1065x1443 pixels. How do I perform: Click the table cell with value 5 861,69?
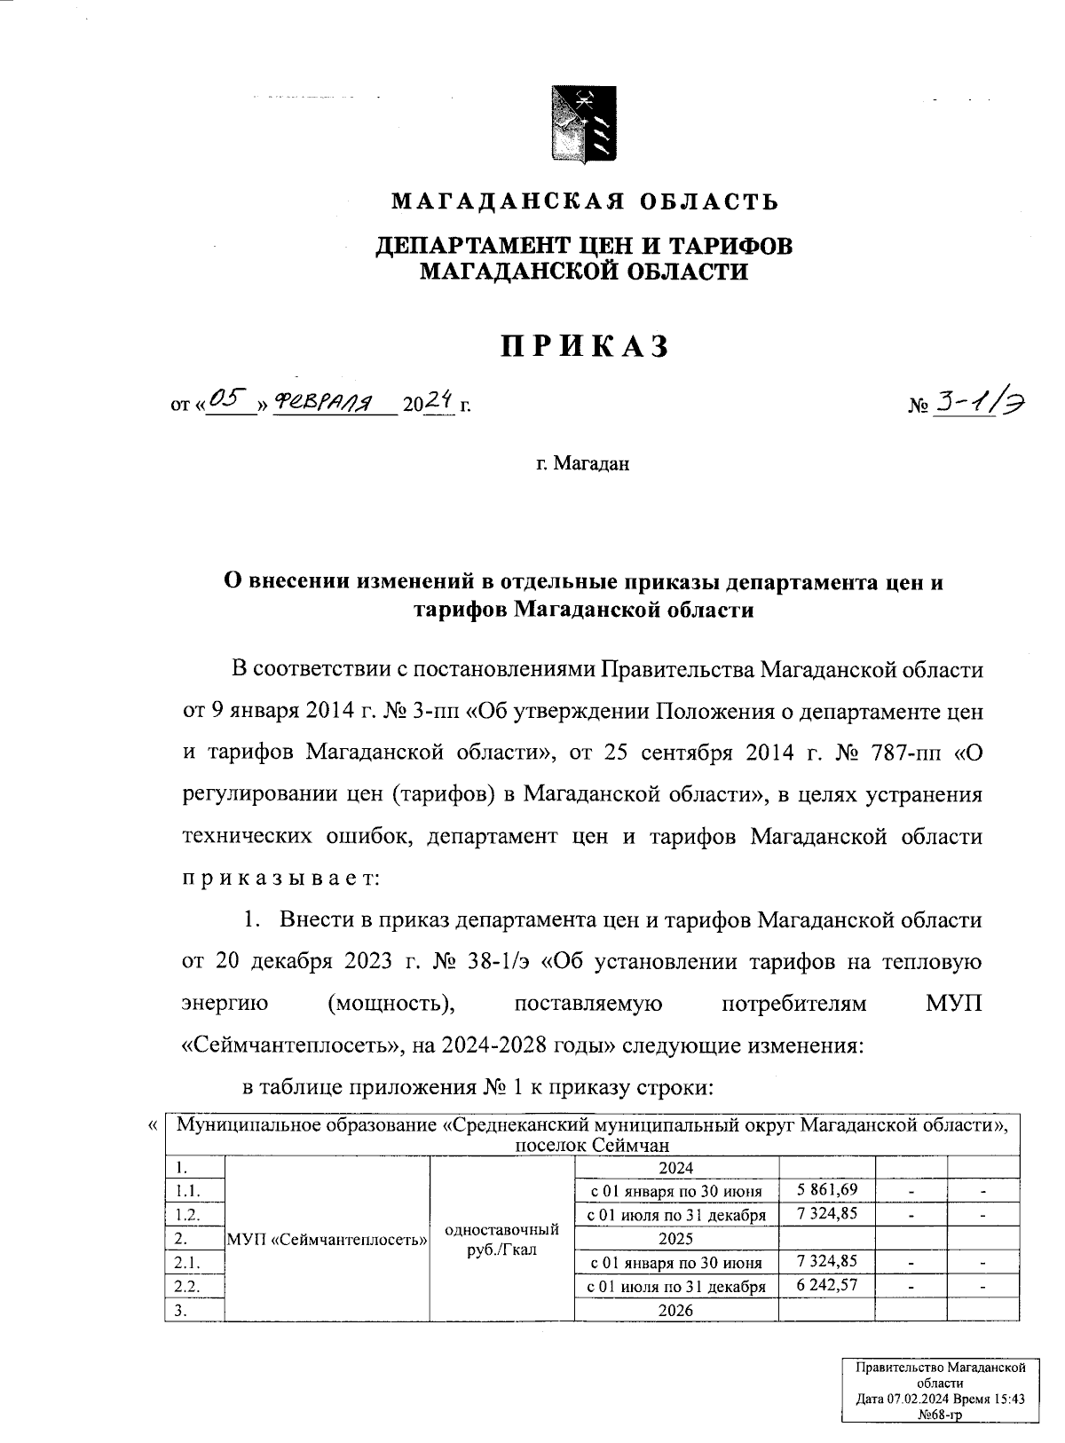(x=827, y=1189)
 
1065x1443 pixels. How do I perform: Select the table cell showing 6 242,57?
(x=827, y=1285)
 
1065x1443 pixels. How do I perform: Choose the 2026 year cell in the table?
(x=676, y=1310)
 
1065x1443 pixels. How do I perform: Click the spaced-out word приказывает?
(x=280, y=879)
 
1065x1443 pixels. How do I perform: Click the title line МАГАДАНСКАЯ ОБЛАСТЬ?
(x=585, y=201)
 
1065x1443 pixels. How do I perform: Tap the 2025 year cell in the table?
(x=676, y=1237)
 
